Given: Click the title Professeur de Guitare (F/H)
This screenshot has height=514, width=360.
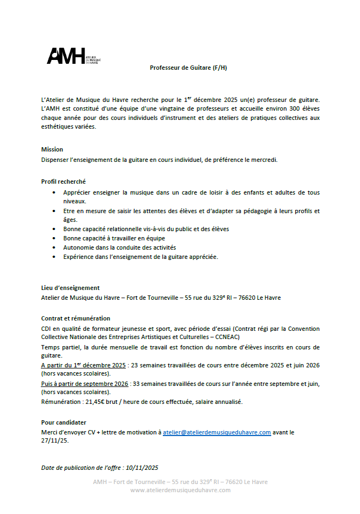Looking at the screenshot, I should point(188,68).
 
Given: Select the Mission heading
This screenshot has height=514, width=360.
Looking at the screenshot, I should point(52,149).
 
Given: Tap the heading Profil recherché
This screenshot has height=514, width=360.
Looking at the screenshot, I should point(63,182).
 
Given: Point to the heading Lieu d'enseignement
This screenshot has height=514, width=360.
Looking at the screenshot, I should point(70,288).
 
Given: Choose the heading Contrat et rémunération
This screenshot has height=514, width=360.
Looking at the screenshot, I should point(76,318).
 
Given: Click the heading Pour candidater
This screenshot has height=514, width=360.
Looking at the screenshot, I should point(64,422).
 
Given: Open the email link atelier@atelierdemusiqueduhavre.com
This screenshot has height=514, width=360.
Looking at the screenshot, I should point(217,432).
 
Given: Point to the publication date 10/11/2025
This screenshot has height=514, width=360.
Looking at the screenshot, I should point(141,468).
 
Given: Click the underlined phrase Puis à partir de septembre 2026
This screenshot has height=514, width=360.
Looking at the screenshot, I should point(85,384).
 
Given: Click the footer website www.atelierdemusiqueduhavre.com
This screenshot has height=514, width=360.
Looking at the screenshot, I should point(180,490).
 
